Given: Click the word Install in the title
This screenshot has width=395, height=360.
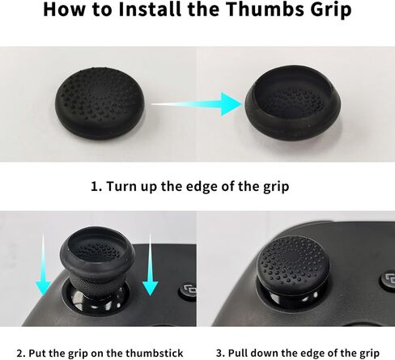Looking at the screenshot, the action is pyautogui.click(x=151, y=9).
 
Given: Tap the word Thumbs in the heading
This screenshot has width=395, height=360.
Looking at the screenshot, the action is pyautogui.click(x=265, y=9).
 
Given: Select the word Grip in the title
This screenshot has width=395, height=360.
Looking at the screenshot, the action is pyautogui.click(x=331, y=11).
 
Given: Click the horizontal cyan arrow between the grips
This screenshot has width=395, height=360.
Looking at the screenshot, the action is pyautogui.click(x=197, y=104).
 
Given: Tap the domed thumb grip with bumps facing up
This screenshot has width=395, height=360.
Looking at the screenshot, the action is pyautogui.click(x=100, y=104).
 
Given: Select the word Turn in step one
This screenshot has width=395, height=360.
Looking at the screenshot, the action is pyautogui.click(x=121, y=186).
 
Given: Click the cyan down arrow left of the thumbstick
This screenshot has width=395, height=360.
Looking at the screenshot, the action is pyautogui.click(x=43, y=265).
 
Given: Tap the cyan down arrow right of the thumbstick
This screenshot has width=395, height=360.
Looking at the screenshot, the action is pyautogui.click(x=150, y=265).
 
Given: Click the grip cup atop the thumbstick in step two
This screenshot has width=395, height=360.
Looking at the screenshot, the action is pyautogui.click(x=97, y=251).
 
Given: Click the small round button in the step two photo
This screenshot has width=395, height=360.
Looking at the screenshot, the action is pyautogui.click(x=189, y=292).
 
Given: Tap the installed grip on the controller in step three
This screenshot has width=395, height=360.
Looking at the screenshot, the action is pyautogui.click(x=292, y=265).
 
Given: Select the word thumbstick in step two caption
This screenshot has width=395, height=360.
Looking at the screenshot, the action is pyautogui.click(x=155, y=353).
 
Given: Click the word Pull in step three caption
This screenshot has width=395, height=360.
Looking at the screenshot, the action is pyautogui.click(x=238, y=353).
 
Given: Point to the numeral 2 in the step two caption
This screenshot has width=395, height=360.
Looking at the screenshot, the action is pyautogui.click(x=19, y=353).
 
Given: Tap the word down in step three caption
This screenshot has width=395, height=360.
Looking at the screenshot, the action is pyautogui.click(x=264, y=353).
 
